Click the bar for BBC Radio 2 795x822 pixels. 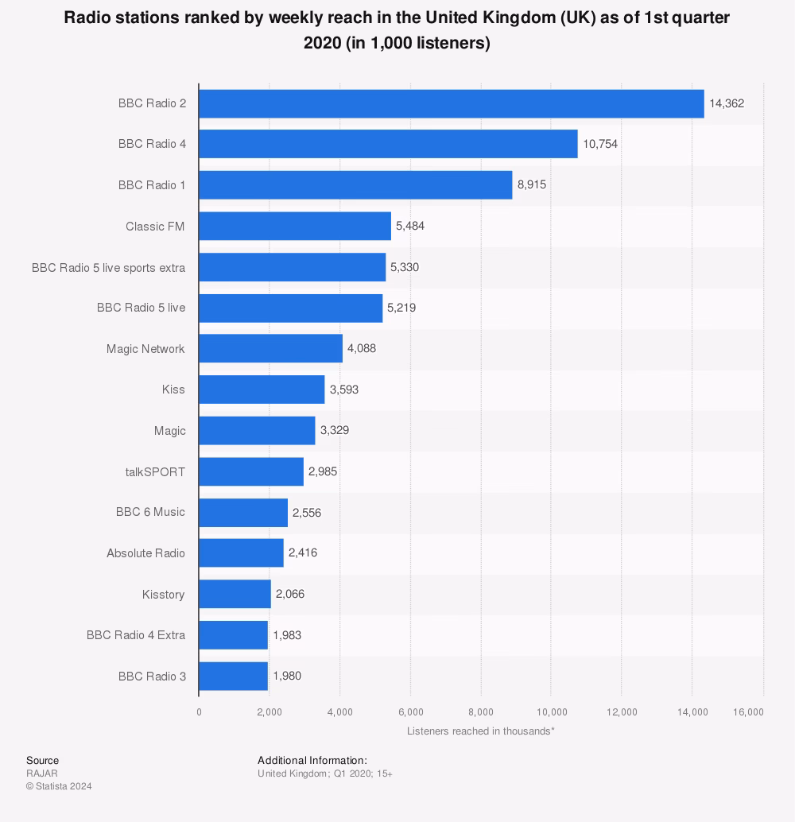(x=451, y=103)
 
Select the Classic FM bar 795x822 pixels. (x=295, y=226)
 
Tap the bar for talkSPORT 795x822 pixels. (x=251, y=471)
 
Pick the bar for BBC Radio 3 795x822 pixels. (x=233, y=676)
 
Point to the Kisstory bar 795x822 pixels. (x=235, y=594)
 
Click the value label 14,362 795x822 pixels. (x=726, y=103)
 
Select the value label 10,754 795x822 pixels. (x=599, y=144)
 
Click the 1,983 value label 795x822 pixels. (x=287, y=635)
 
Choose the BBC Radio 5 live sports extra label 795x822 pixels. (x=108, y=267)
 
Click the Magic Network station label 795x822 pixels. (x=145, y=349)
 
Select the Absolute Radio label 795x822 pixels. (x=145, y=553)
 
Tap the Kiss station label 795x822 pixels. (x=173, y=390)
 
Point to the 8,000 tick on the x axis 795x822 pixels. (x=481, y=712)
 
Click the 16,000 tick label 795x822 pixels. (x=749, y=712)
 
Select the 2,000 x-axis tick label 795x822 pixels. (x=269, y=712)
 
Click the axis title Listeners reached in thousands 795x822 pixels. (x=480, y=731)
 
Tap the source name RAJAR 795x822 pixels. (x=42, y=773)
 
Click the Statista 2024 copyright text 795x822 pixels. (x=59, y=786)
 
